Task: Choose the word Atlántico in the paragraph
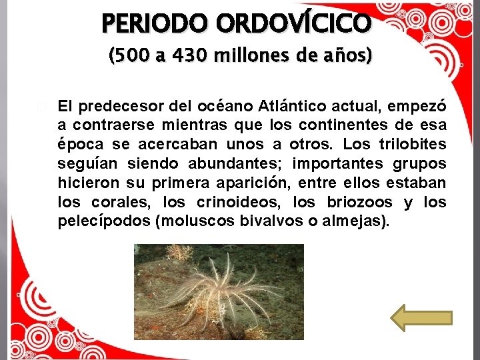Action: point(298,106)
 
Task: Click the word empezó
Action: point(421,106)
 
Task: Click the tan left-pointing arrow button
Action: point(421,317)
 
